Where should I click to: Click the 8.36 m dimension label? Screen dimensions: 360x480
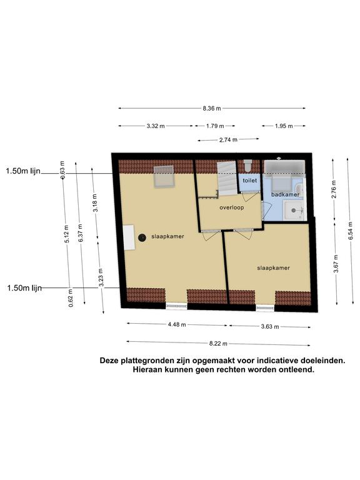click(211, 108)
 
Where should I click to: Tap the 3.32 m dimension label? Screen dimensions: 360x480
click(156, 126)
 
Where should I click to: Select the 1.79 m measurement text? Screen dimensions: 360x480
click(215, 126)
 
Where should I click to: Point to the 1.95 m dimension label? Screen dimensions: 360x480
click(284, 126)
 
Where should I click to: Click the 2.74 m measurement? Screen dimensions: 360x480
click(228, 140)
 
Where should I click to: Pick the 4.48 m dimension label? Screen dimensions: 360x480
click(177, 324)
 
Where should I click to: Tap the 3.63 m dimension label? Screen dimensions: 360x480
click(270, 327)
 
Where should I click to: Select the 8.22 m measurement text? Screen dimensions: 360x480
click(218, 344)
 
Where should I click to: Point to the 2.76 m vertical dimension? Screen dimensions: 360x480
click(334, 189)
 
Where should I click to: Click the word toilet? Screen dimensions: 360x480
click(250, 181)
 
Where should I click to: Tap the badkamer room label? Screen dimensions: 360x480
click(285, 194)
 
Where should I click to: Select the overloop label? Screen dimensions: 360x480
click(232, 207)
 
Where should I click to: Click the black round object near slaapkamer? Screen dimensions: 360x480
click(142, 237)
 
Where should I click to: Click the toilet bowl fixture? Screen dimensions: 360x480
click(248, 165)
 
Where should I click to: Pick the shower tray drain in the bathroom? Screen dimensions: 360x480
click(294, 210)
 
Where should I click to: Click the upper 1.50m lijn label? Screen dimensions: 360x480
click(23, 171)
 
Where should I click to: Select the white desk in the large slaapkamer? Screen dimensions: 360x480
click(129, 237)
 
